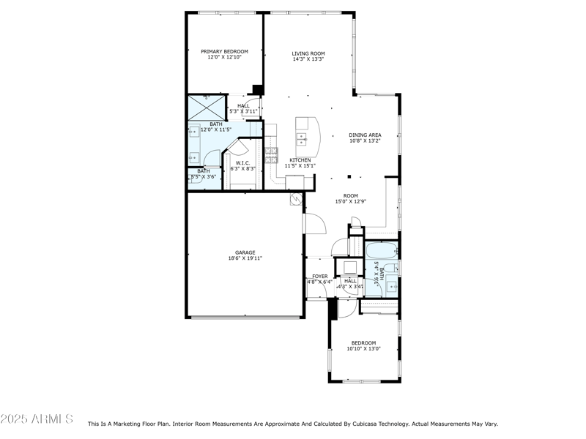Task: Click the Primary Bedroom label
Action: tap(224, 51)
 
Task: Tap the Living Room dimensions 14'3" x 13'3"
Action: tap(308, 59)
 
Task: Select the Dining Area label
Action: tap(365, 135)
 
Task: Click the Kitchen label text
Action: tap(300, 160)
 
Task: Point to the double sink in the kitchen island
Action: tap(302, 138)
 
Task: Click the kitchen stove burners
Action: tap(271, 154)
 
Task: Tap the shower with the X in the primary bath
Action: tap(207, 107)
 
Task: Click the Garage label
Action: tap(245, 252)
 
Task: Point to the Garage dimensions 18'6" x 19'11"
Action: tap(245, 258)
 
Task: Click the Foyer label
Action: tap(319, 276)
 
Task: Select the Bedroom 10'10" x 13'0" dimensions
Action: tap(363, 349)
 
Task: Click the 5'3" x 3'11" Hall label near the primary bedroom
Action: tap(244, 111)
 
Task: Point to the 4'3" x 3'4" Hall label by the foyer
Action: tap(350, 287)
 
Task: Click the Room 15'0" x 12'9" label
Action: tap(351, 196)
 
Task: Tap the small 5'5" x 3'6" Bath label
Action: tap(204, 176)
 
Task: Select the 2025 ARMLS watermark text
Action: tap(37, 419)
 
